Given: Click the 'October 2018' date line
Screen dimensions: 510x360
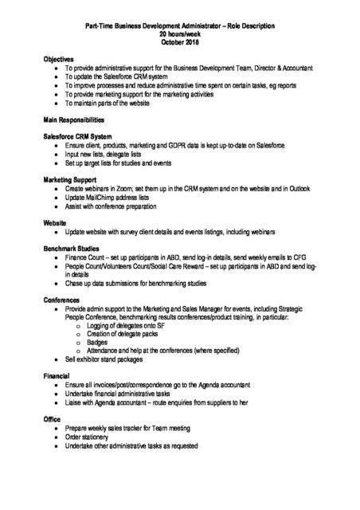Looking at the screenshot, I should click(x=180, y=41).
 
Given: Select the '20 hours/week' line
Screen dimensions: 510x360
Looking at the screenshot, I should click(x=180, y=34).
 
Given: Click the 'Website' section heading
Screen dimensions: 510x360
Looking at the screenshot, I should click(x=55, y=223).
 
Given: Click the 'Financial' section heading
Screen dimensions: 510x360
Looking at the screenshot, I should click(x=57, y=374).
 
